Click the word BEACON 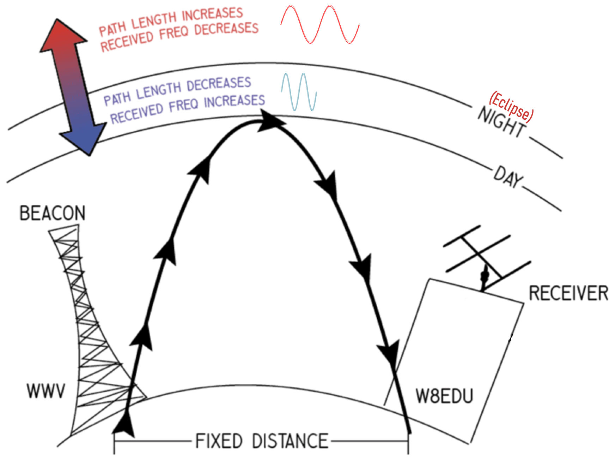[52, 213]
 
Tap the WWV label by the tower [46, 391]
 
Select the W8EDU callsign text [444, 396]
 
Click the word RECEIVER [568, 293]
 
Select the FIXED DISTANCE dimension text [261, 441]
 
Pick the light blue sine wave [298, 92]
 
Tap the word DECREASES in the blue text [219, 85]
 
